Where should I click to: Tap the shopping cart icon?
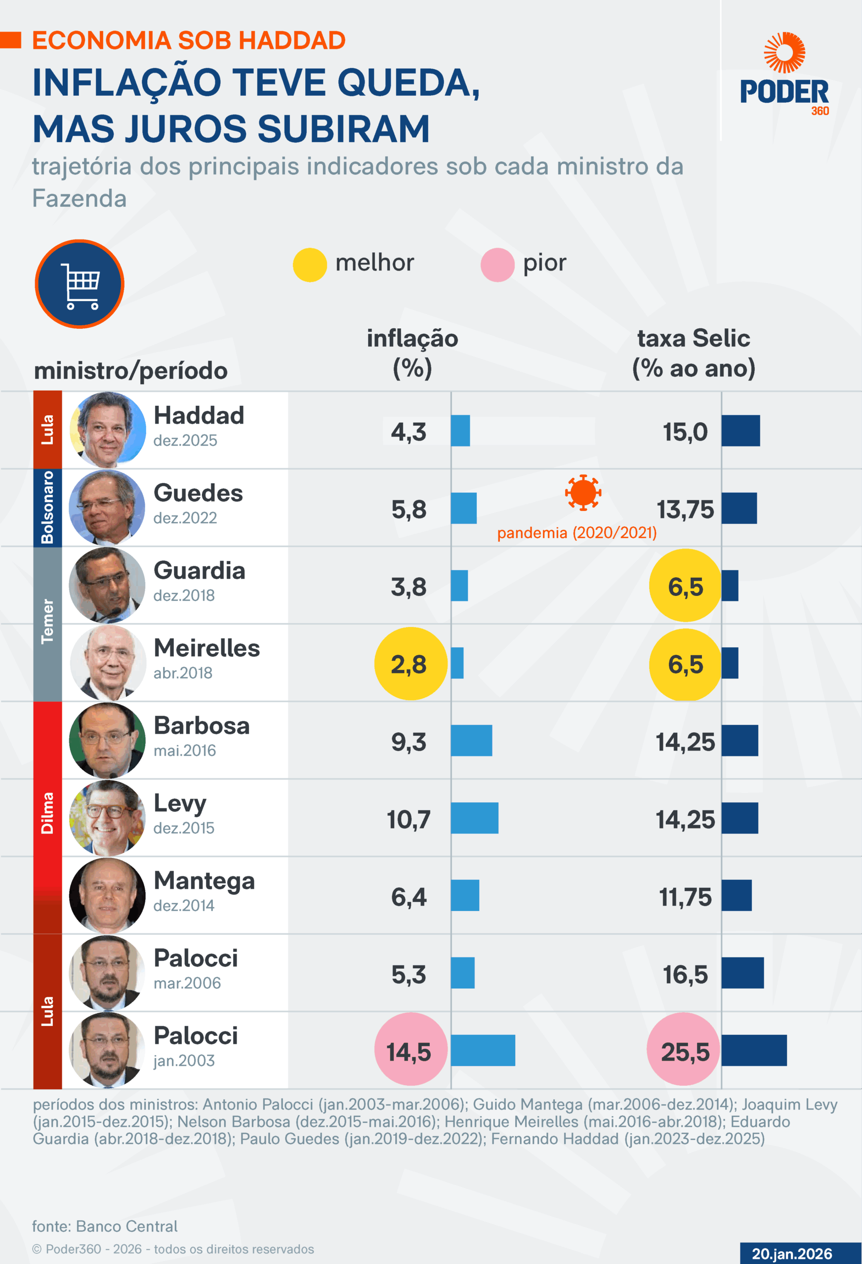[80, 284]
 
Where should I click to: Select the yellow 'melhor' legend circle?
[310, 265]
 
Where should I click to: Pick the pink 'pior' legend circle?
[497, 265]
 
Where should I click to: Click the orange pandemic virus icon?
[583, 492]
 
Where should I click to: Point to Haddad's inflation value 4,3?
[409, 432]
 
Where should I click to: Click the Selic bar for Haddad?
[740, 431]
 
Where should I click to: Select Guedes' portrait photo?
[107, 508]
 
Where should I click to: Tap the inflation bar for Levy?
[475, 818]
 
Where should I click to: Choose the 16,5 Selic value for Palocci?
[685, 974]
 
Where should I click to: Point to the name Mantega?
[204, 880]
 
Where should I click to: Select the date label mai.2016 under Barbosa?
[184, 750]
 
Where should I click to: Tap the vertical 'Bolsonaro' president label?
[48, 508]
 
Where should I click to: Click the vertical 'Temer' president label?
[48, 621]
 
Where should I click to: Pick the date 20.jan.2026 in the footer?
[792, 1254]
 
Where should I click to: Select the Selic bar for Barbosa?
[740, 740]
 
